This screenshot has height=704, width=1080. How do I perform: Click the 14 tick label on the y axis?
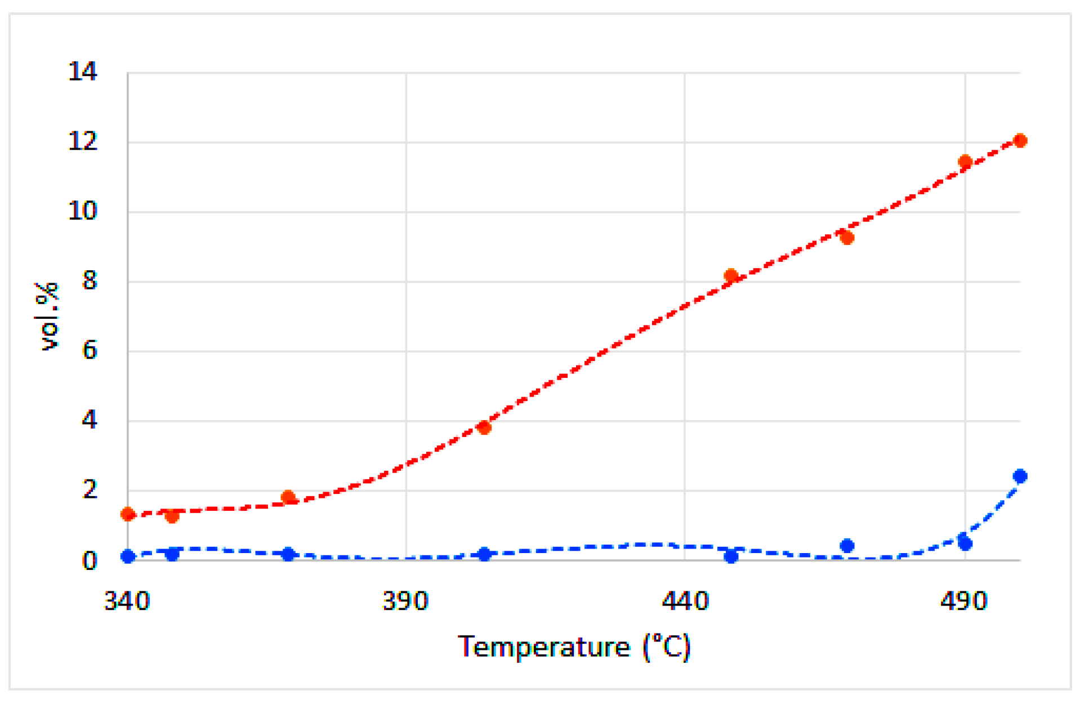(x=82, y=72)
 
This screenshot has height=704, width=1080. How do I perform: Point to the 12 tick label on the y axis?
(x=82, y=141)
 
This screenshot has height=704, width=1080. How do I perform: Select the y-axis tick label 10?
(x=82, y=211)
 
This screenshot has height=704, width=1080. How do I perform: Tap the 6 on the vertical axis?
(x=90, y=351)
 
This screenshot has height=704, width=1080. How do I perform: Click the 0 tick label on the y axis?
(x=90, y=561)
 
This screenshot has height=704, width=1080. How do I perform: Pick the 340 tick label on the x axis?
(x=127, y=601)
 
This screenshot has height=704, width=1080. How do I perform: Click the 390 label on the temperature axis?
(x=405, y=601)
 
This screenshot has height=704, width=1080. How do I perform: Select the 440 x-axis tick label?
(x=685, y=601)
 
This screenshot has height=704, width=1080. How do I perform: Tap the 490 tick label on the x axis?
(x=963, y=601)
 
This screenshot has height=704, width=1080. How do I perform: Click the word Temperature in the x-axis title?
(x=543, y=647)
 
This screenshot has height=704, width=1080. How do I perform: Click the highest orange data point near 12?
(x=1020, y=141)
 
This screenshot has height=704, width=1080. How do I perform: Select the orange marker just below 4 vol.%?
(x=484, y=427)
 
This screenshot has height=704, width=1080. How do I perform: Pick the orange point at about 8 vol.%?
(x=731, y=275)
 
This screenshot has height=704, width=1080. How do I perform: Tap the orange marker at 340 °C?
(x=128, y=514)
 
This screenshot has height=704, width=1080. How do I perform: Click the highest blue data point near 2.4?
(x=1020, y=476)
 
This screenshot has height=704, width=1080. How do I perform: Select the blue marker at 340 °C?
(x=128, y=556)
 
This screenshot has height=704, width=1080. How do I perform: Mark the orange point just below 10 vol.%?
(x=847, y=238)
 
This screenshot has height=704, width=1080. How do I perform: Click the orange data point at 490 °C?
(x=965, y=162)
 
